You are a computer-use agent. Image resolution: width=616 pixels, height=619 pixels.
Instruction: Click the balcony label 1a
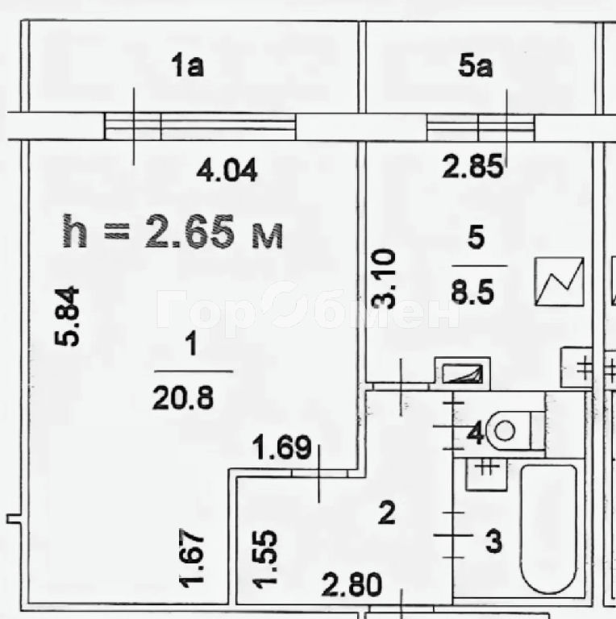click(x=188, y=65)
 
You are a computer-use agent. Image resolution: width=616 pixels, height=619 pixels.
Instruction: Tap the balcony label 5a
click(x=476, y=65)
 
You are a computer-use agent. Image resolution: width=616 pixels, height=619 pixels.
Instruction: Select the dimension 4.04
click(x=227, y=170)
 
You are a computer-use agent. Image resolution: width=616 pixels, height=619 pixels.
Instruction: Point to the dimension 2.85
click(x=472, y=166)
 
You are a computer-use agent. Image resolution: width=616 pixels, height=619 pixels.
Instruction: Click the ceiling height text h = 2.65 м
click(x=173, y=232)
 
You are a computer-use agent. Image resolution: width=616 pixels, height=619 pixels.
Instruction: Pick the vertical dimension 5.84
click(x=67, y=316)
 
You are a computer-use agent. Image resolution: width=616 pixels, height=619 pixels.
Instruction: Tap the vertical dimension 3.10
click(x=384, y=278)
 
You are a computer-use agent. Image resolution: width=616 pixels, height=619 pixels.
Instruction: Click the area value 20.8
click(x=183, y=398)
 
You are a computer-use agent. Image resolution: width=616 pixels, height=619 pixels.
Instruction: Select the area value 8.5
click(x=472, y=292)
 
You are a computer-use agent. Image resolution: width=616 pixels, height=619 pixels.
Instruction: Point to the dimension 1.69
click(x=281, y=447)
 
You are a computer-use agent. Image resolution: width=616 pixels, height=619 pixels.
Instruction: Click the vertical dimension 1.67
click(x=192, y=558)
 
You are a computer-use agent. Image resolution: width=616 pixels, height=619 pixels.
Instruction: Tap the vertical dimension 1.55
click(x=265, y=559)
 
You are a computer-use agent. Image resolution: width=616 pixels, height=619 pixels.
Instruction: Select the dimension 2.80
click(x=352, y=584)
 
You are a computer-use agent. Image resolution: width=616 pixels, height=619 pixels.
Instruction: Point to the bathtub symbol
click(x=549, y=530)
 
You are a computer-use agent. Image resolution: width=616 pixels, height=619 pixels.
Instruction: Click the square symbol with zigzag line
click(x=559, y=281)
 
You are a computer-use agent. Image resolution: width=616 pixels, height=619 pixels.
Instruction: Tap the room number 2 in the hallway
click(x=386, y=513)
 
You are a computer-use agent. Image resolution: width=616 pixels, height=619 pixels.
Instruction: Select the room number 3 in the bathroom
click(x=493, y=541)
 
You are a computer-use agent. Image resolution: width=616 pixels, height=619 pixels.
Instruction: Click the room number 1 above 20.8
click(x=192, y=344)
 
